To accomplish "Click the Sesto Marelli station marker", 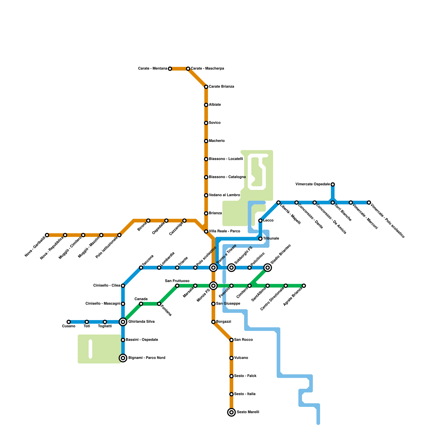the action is pos(231,412).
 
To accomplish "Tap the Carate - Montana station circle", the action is pos(170,69).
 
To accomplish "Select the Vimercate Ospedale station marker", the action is pos(333,184).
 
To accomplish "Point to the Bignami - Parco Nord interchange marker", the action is pos(123,358).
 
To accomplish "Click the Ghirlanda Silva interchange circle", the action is pos(123,322).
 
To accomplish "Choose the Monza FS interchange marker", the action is pos(213,286).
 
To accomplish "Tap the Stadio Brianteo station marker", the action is pos(268,268).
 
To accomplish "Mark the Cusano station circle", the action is pos(69,322).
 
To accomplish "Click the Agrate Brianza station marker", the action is pos(304,286).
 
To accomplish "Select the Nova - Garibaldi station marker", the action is pos(47,235).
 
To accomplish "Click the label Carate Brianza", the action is pos(221,87).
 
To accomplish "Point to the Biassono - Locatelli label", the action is pos(226,159).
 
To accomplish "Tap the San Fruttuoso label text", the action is pos(177,281).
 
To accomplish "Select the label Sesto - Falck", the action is pos(245,376).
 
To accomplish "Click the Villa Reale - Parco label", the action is pos(224,231).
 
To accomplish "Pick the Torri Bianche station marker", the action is pos(333,203).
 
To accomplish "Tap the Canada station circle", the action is pos(141,304).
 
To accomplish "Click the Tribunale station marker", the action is pos(260,239).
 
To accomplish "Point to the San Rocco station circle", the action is pos(231,340).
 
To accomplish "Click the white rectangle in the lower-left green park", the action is pos(91,349).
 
